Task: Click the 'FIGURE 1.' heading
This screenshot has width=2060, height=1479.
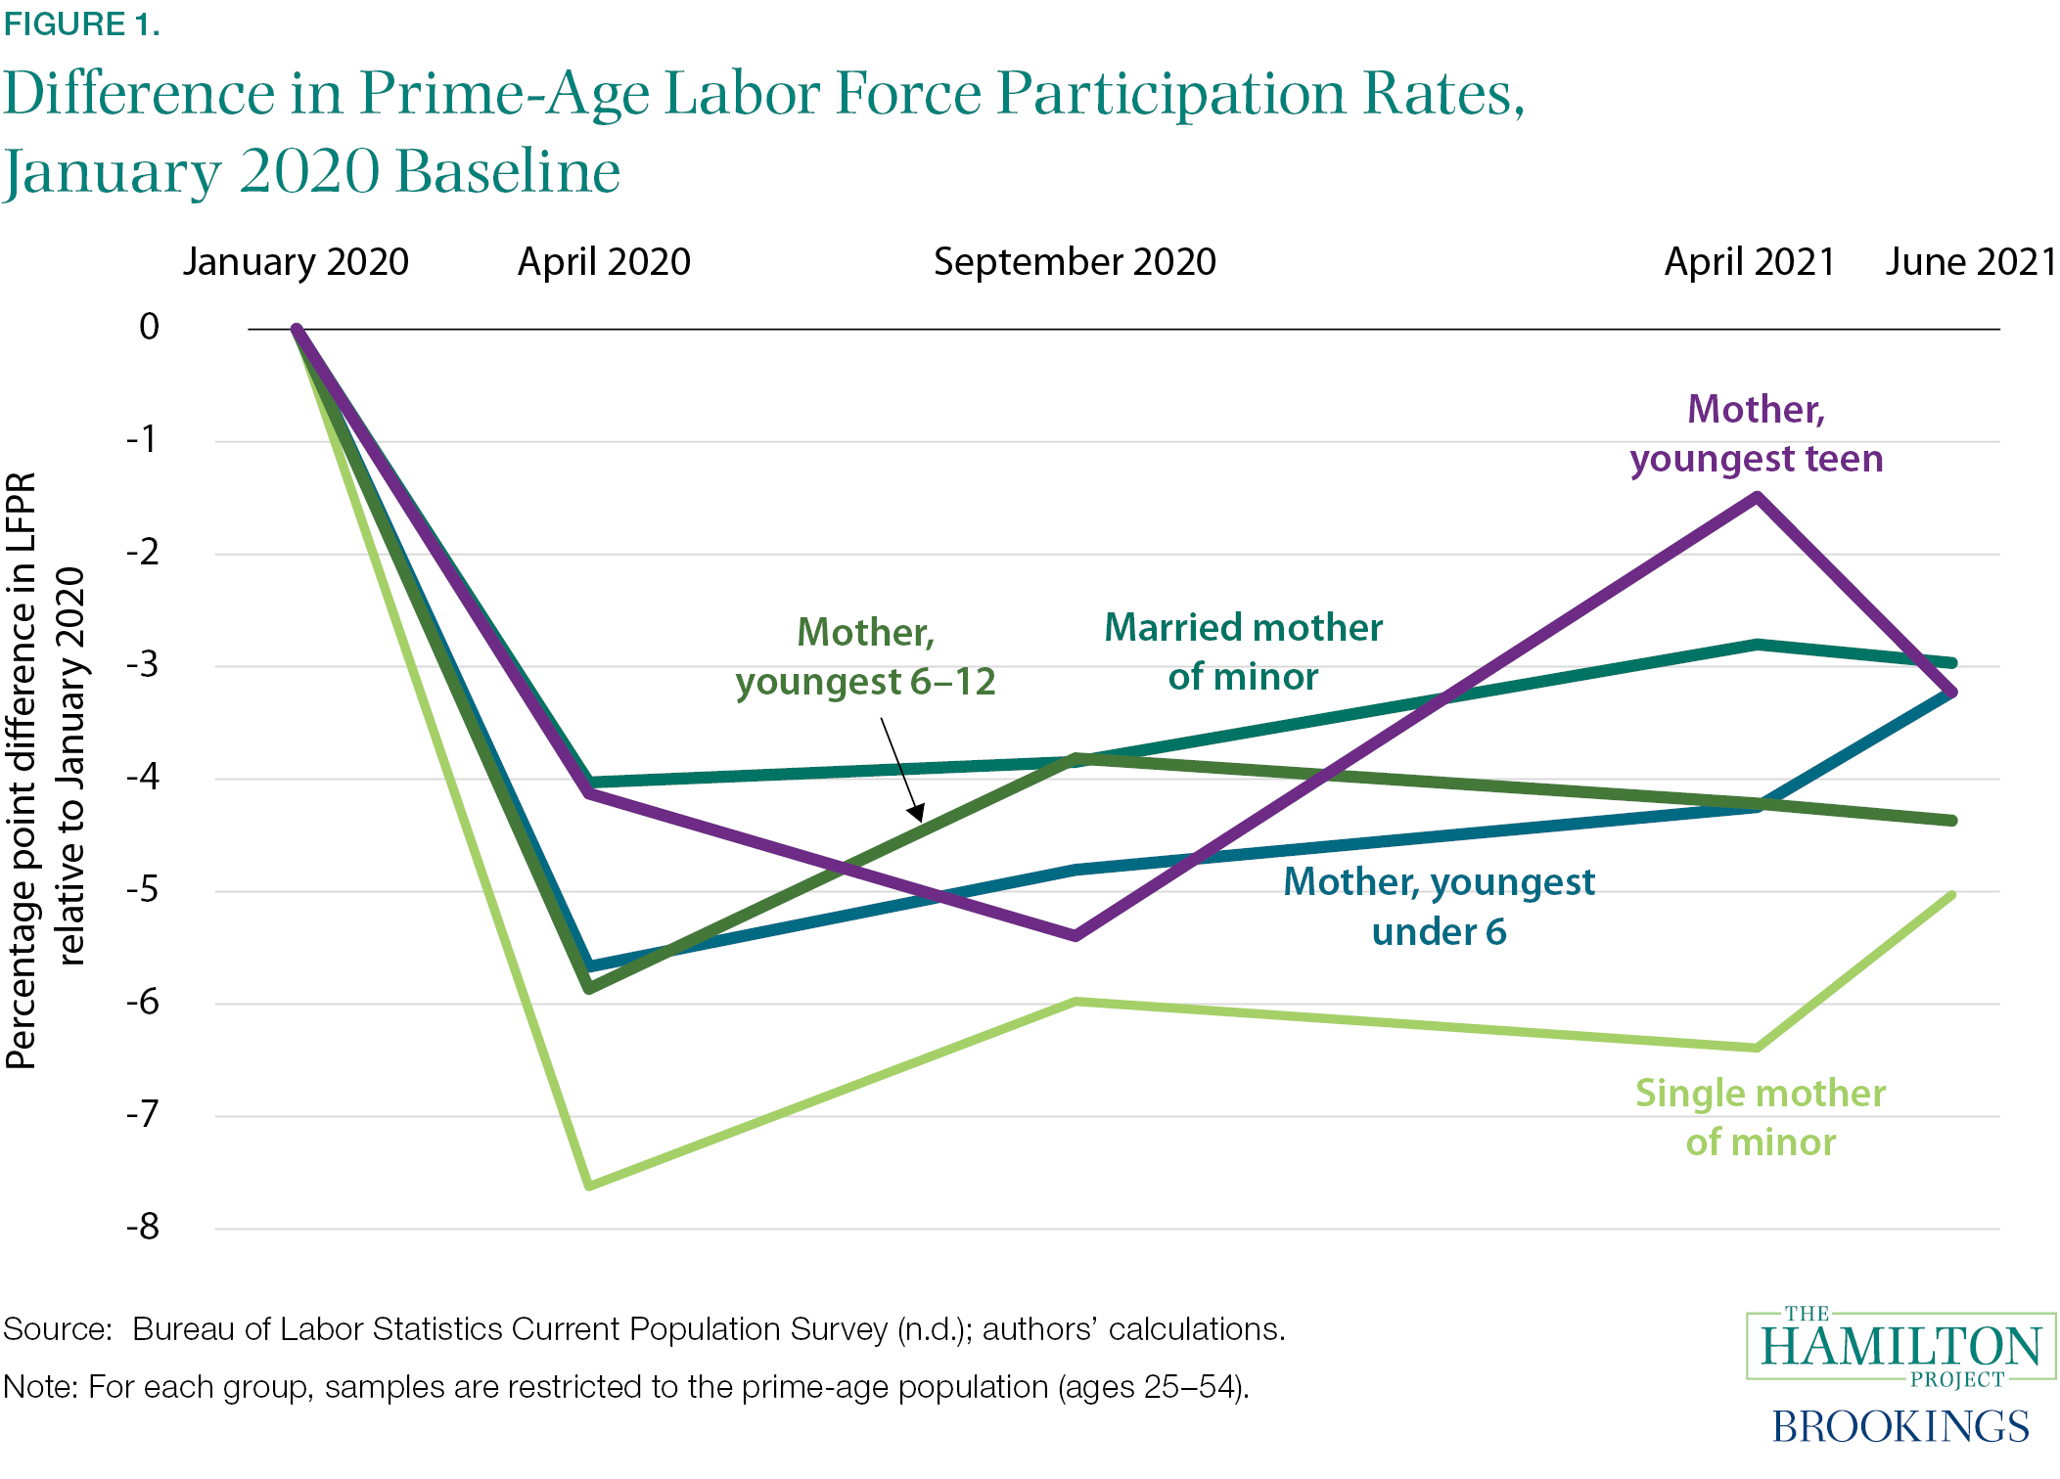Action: [x=81, y=24]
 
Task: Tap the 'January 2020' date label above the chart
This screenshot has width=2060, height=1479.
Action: [x=296, y=262]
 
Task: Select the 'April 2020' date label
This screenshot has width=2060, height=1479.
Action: [x=604, y=262]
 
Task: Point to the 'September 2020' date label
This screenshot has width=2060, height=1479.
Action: [x=1075, y=262]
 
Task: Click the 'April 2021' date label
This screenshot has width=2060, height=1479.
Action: [x=1750, y=262]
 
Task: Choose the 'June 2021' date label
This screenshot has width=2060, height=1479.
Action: [x=1971, y=262]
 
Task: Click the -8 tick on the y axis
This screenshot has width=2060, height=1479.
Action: [x=143, y=1227]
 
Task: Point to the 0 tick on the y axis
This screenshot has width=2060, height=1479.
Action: [x=149, y=327]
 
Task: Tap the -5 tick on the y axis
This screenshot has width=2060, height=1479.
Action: [x=143, y=890]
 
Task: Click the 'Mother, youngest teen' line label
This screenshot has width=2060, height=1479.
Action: [x=1757, y=433]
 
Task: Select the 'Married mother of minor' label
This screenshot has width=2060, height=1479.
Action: [x=1243, y=651]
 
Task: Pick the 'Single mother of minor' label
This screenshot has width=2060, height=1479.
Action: [x=1761, y=1117]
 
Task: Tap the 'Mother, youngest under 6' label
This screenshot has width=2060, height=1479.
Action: [x=1439, y=906]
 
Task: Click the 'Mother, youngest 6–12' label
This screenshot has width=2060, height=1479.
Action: [x=865, y=656]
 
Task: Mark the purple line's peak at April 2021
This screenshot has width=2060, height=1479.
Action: [x=1758, y=498]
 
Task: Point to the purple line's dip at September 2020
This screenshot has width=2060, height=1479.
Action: [x=1076, y=936]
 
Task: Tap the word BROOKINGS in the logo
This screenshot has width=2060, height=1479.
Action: [x=1900, y=1426]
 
